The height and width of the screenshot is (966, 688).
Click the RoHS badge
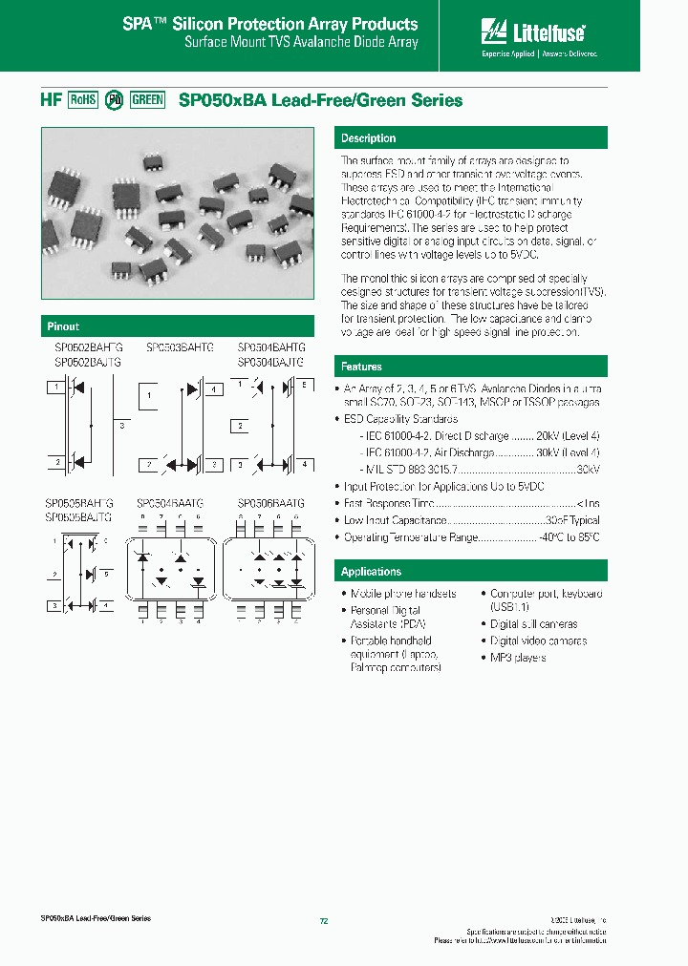(83, 100)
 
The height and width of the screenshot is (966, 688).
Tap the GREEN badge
(147, 100)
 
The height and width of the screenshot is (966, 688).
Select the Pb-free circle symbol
(114, 100)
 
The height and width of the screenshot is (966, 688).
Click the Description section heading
(369, 138)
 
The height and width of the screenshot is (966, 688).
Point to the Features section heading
(362, 367)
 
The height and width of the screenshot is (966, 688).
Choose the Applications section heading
(372, 572)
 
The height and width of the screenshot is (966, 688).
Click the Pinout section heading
(64, 326)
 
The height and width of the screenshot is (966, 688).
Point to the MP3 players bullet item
(518, 658)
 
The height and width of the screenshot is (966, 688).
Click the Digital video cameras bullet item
(538, 641)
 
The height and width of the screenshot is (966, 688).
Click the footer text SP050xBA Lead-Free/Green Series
(96, 918)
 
